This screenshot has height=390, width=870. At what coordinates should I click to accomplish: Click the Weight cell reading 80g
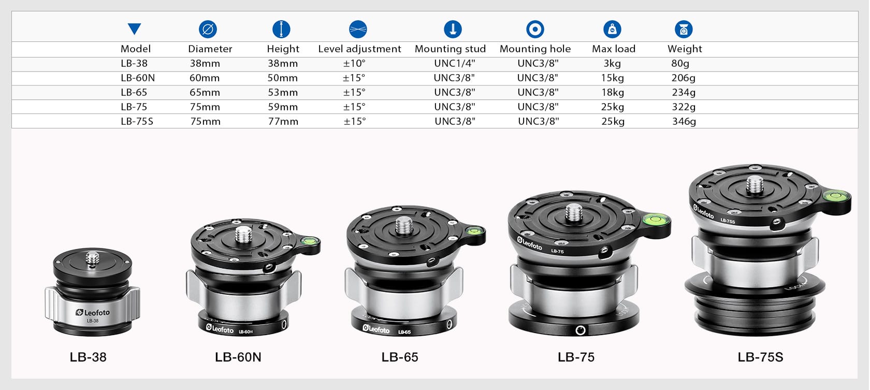click(680, 63)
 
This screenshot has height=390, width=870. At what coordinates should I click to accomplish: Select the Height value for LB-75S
click(283, 121)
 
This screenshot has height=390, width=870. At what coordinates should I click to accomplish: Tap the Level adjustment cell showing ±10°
click(354, 63)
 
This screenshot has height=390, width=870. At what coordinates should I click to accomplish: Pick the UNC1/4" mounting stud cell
click(454, 63)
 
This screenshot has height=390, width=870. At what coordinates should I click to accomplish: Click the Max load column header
click(613, 49)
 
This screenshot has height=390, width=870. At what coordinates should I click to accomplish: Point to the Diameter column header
click(210, 49)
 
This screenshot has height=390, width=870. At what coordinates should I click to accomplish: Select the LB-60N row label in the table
click(138, 78)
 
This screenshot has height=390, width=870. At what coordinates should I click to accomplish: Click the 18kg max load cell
click(613, 92)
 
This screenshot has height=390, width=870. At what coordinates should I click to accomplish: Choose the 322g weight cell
click(684, 107)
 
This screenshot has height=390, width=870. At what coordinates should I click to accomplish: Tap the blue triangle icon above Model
click(134, 29)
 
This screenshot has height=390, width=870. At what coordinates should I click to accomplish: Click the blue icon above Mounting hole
click(535, 29)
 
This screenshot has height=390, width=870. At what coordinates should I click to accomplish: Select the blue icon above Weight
click(684, 29)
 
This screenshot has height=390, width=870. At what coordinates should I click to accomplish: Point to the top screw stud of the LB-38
click(93, 258)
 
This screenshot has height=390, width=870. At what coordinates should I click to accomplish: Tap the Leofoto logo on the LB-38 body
click(93, 312)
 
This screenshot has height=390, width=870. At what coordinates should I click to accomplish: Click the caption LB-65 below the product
click(399, 357)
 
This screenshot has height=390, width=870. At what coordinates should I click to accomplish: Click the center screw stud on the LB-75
click(574, 212)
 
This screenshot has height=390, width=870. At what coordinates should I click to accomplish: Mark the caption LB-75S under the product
click(760, 357)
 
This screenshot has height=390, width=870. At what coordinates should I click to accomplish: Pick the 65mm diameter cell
click(205, 92)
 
